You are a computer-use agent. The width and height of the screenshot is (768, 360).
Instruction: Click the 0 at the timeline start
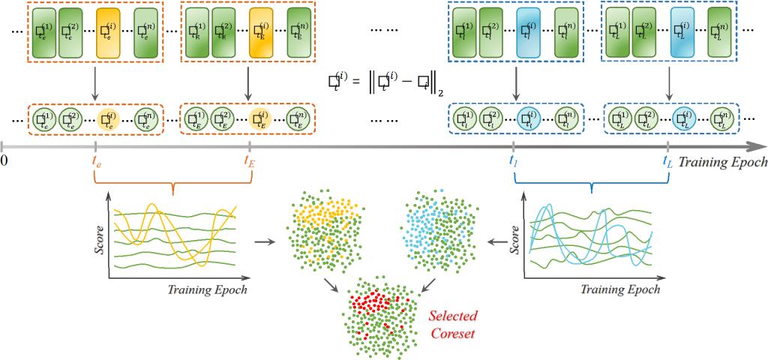(4, 160)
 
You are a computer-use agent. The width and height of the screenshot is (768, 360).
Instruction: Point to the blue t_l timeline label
(513, 160)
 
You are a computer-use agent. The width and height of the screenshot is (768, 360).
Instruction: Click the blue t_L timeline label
(667, 160)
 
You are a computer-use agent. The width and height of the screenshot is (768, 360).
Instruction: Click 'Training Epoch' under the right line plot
(620, 289)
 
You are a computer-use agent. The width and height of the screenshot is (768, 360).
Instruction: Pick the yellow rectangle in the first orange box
(106, 33)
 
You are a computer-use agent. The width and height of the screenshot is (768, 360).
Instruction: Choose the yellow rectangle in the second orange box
(259, 33)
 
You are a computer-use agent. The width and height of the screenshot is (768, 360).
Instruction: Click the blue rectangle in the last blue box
(681, 33)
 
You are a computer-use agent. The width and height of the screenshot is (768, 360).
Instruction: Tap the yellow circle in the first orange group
(109, 118)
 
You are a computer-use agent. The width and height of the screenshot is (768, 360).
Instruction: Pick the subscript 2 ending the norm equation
(441, 94)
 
